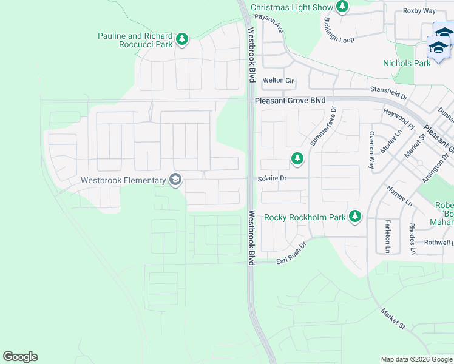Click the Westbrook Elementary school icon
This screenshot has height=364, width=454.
tap(175, 180)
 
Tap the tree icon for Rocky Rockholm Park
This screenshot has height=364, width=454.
tap(355, 217)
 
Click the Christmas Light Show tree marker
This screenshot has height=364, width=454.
tap(343, 7)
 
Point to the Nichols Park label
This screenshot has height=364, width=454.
tap(407, 63)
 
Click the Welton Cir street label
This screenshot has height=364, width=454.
tap(278, 81)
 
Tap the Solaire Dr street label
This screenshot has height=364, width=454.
tap(271, 178)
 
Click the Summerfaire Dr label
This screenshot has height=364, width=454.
tap(323, 126)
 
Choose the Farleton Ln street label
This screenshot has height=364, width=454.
tap(387, 237)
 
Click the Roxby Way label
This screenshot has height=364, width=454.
tap(419, 11)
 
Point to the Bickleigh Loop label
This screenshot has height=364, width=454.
tap(339, 30)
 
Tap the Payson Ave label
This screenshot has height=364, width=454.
tap(269, 22)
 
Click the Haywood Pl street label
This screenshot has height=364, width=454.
tap(398, 120)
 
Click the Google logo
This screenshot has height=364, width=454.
tap(20, 357)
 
